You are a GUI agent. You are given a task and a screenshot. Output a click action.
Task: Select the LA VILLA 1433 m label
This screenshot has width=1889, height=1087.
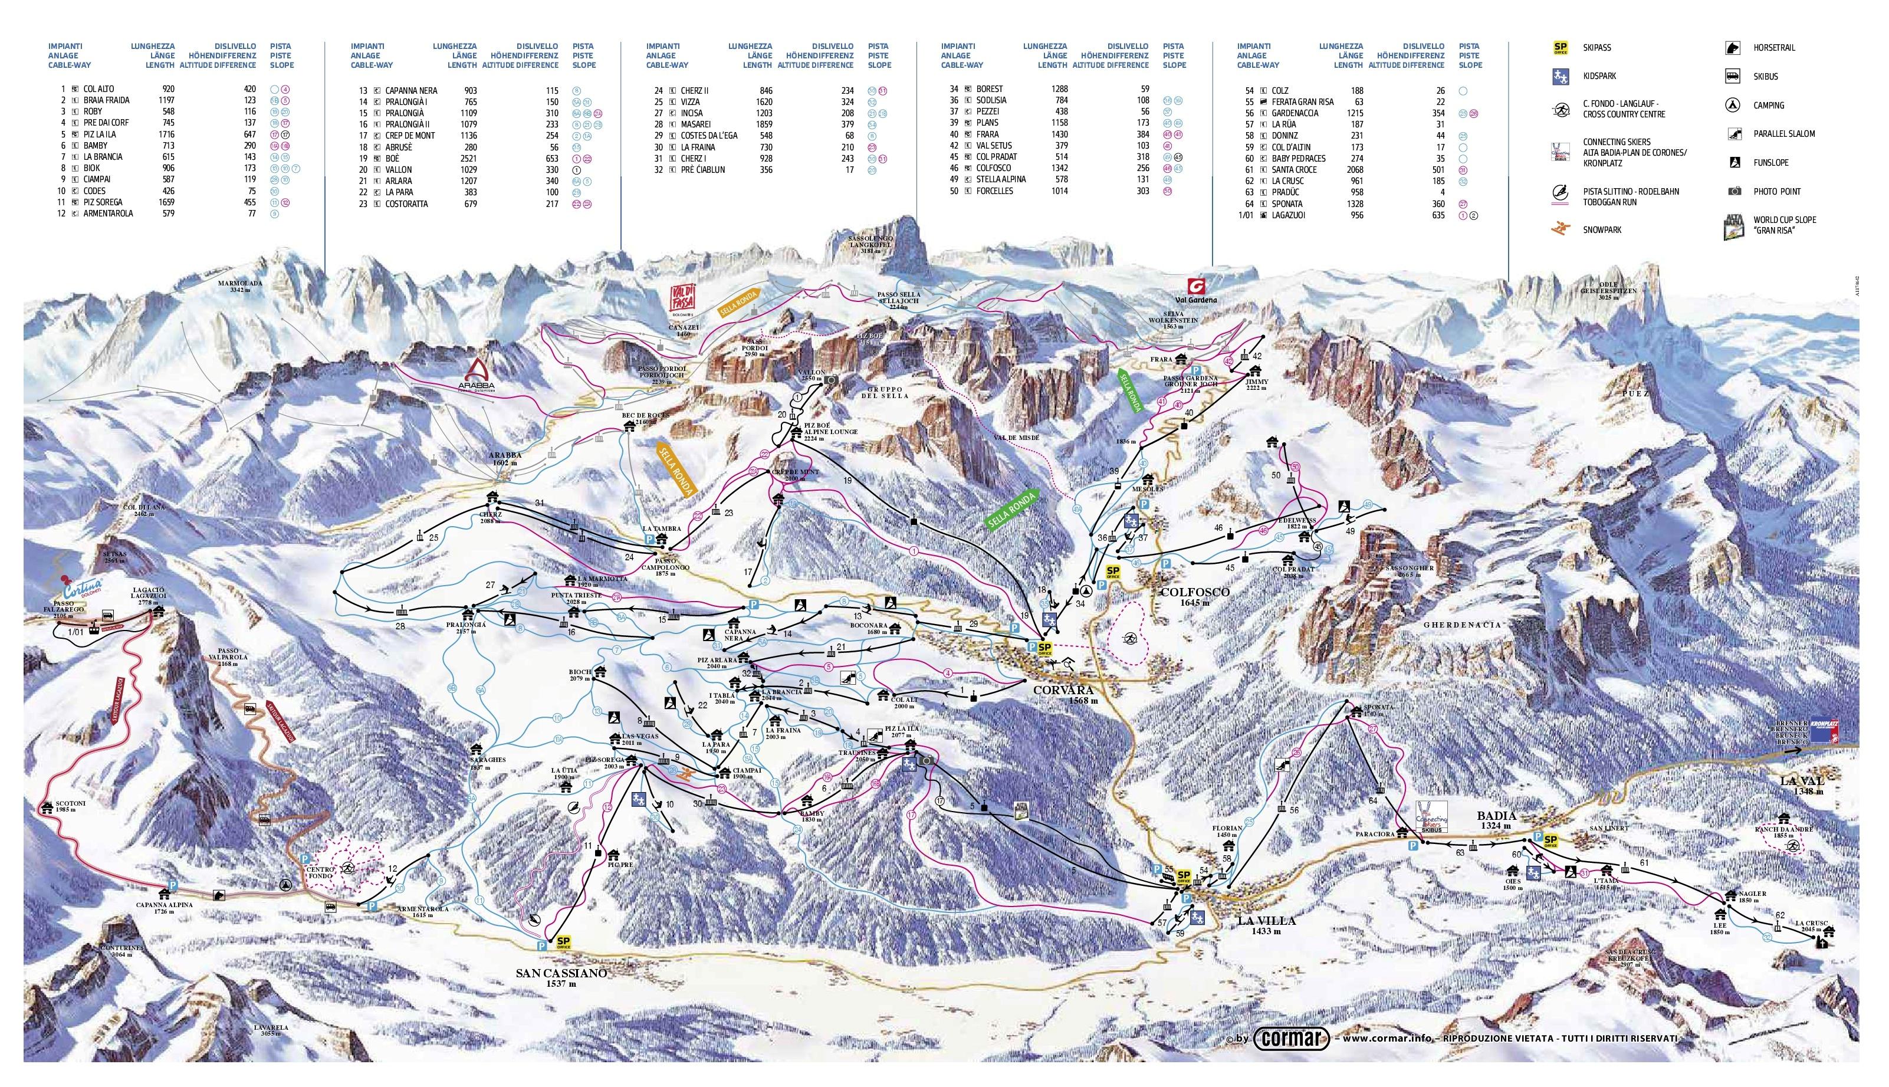coord(1267,925)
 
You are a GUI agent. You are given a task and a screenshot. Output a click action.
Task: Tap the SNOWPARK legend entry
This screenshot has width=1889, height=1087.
coord(1602,230)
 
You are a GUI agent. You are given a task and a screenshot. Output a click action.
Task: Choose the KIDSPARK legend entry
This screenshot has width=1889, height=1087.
coord(1599,76)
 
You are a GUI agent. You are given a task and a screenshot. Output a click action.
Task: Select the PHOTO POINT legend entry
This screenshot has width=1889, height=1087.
coord(1776,192)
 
